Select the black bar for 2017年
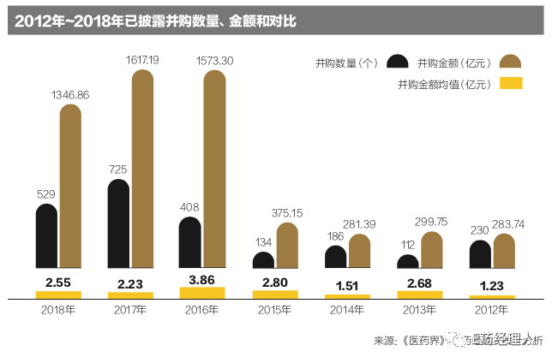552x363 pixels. tap(118, 227)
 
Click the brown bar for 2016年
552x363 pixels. tap(215, 171)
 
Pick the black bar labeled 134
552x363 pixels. tap(264, 261)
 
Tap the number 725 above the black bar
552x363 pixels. tap(118, 170)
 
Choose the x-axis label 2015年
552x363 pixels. tap(275, 311)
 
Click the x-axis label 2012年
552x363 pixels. tap(492, 311)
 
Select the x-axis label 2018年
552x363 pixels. tap(57, 311)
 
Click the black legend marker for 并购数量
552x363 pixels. tap(397, 62)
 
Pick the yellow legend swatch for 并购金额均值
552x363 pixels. tap(511, 84)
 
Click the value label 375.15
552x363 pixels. tap(286, 213)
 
